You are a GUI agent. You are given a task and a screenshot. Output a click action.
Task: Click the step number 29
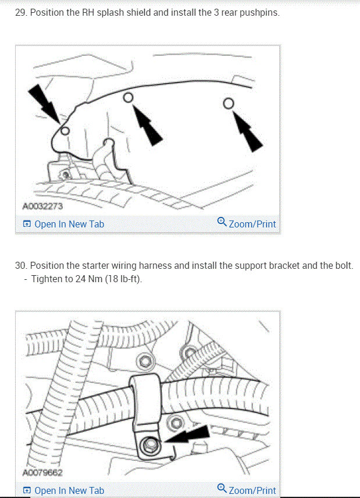point(20,12)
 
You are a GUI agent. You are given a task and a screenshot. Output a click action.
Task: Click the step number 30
point(21,266)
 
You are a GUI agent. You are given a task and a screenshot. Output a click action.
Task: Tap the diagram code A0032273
point(42,206)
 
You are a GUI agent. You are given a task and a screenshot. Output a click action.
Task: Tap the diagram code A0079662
point(42,472)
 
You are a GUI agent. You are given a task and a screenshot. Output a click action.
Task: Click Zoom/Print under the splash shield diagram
point(252,224)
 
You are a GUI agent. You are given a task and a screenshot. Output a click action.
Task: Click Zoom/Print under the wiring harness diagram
point(252,490)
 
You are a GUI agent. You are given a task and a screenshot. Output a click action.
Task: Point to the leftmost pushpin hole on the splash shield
point(65,130)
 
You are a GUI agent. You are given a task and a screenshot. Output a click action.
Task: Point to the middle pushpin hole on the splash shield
point(129,97)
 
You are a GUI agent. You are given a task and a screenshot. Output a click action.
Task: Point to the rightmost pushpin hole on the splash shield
point(229,103)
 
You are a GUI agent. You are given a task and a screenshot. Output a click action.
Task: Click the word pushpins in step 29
point(259,12)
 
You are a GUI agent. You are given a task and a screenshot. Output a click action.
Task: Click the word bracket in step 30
point(281,266)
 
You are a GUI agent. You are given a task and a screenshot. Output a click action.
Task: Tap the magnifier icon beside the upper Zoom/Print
point(222,223)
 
